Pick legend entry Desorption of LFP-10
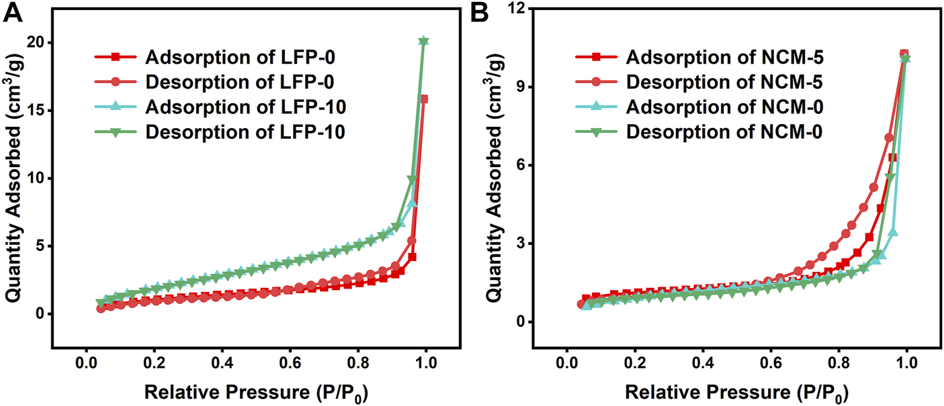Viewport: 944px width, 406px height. [220, 133]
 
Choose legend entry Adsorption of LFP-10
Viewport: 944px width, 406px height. [220, 107]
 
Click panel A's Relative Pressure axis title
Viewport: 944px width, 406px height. [256, 391]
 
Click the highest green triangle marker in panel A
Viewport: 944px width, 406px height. [423, 41]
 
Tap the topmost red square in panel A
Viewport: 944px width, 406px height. [424, 99]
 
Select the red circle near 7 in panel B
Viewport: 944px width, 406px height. [889, 138]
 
